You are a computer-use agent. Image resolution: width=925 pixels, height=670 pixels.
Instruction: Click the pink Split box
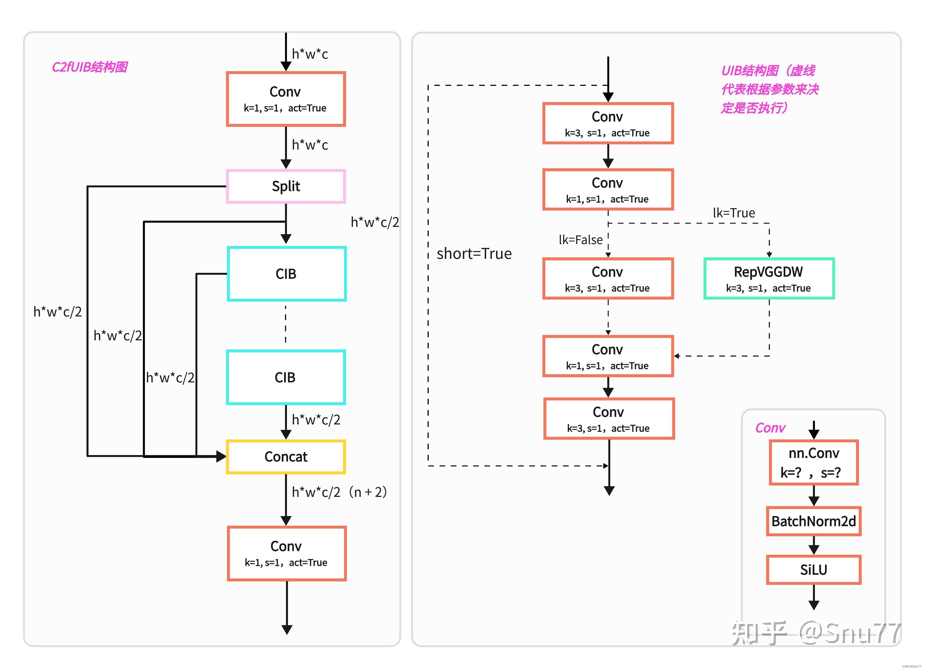[286, 186]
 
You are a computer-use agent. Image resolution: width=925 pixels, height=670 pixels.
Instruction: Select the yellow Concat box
[286, 457]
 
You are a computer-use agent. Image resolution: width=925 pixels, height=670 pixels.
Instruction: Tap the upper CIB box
[286, 274]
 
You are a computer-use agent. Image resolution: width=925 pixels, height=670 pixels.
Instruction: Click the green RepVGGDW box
[768, 279]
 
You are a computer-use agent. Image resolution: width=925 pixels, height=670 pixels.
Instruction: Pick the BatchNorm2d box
[813, 521]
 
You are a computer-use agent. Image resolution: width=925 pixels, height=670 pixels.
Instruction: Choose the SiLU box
[813, 570]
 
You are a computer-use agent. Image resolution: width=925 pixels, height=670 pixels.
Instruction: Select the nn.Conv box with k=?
[813, 462]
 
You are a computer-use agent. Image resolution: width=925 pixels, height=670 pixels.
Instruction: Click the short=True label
[474, 254]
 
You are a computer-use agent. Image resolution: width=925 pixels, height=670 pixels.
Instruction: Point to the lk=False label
[580, 240]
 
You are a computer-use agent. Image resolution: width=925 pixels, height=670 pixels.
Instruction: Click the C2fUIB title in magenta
[90, 67]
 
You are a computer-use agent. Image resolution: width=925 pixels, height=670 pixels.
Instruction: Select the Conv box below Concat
[286, 553]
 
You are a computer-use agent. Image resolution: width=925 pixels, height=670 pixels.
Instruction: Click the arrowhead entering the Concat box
[221, 456]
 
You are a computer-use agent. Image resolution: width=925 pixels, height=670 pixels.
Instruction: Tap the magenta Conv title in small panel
[770, 428]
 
